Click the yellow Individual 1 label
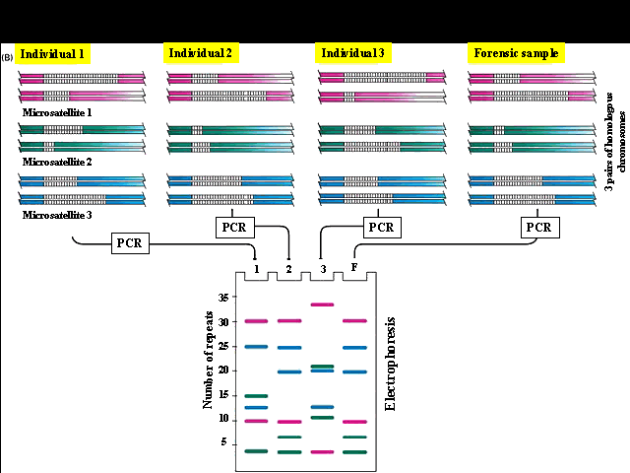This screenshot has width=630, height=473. click(53, 54)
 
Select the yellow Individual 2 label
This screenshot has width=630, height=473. click(200, 53)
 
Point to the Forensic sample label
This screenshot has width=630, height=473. click(515, 53)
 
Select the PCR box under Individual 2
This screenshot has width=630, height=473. click(233, 228)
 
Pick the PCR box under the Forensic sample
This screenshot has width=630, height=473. click(537, 228)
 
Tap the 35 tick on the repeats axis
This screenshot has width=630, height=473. click(222, 298)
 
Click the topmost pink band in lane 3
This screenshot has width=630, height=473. click(322, 304)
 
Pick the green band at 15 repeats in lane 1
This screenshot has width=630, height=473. click(256, 396)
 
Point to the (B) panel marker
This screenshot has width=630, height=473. click(8, 58)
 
